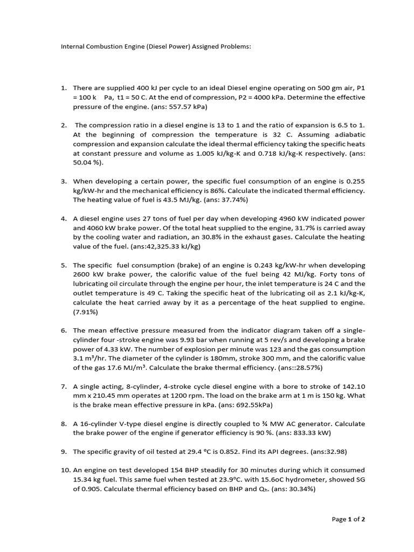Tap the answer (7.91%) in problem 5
pos(86,312)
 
